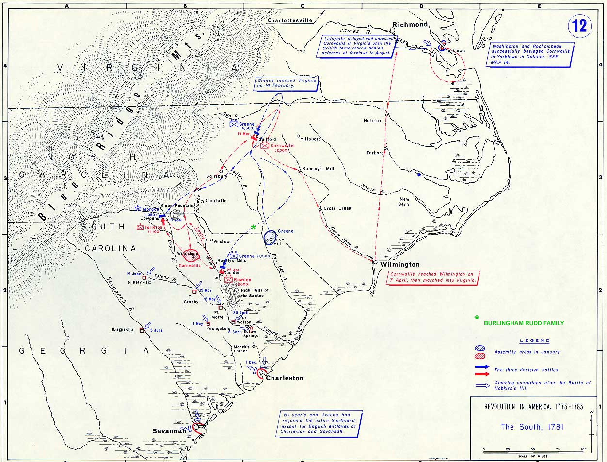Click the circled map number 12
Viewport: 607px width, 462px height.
tap(580, 25)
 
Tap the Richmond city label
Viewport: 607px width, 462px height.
tap(410, 24)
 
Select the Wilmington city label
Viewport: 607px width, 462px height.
tap(400, 265)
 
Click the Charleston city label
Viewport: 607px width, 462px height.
tap(285, 378)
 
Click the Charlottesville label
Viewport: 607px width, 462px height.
tap(289, 20)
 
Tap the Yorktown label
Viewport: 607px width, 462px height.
tap(455, 51)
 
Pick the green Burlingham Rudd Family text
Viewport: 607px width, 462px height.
tap(524, 323)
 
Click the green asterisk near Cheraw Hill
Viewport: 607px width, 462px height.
tap(253, 227)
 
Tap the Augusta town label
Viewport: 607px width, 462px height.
tap(122, 330)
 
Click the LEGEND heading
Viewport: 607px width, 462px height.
tap(535, 341)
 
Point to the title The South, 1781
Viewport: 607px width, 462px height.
tap(531, 427)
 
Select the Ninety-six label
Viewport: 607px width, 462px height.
tap(140, 282)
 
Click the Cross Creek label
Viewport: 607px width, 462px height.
tap(337, 208)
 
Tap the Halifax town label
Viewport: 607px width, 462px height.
tap(373, 121)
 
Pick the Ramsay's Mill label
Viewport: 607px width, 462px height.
tap(318, 169)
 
